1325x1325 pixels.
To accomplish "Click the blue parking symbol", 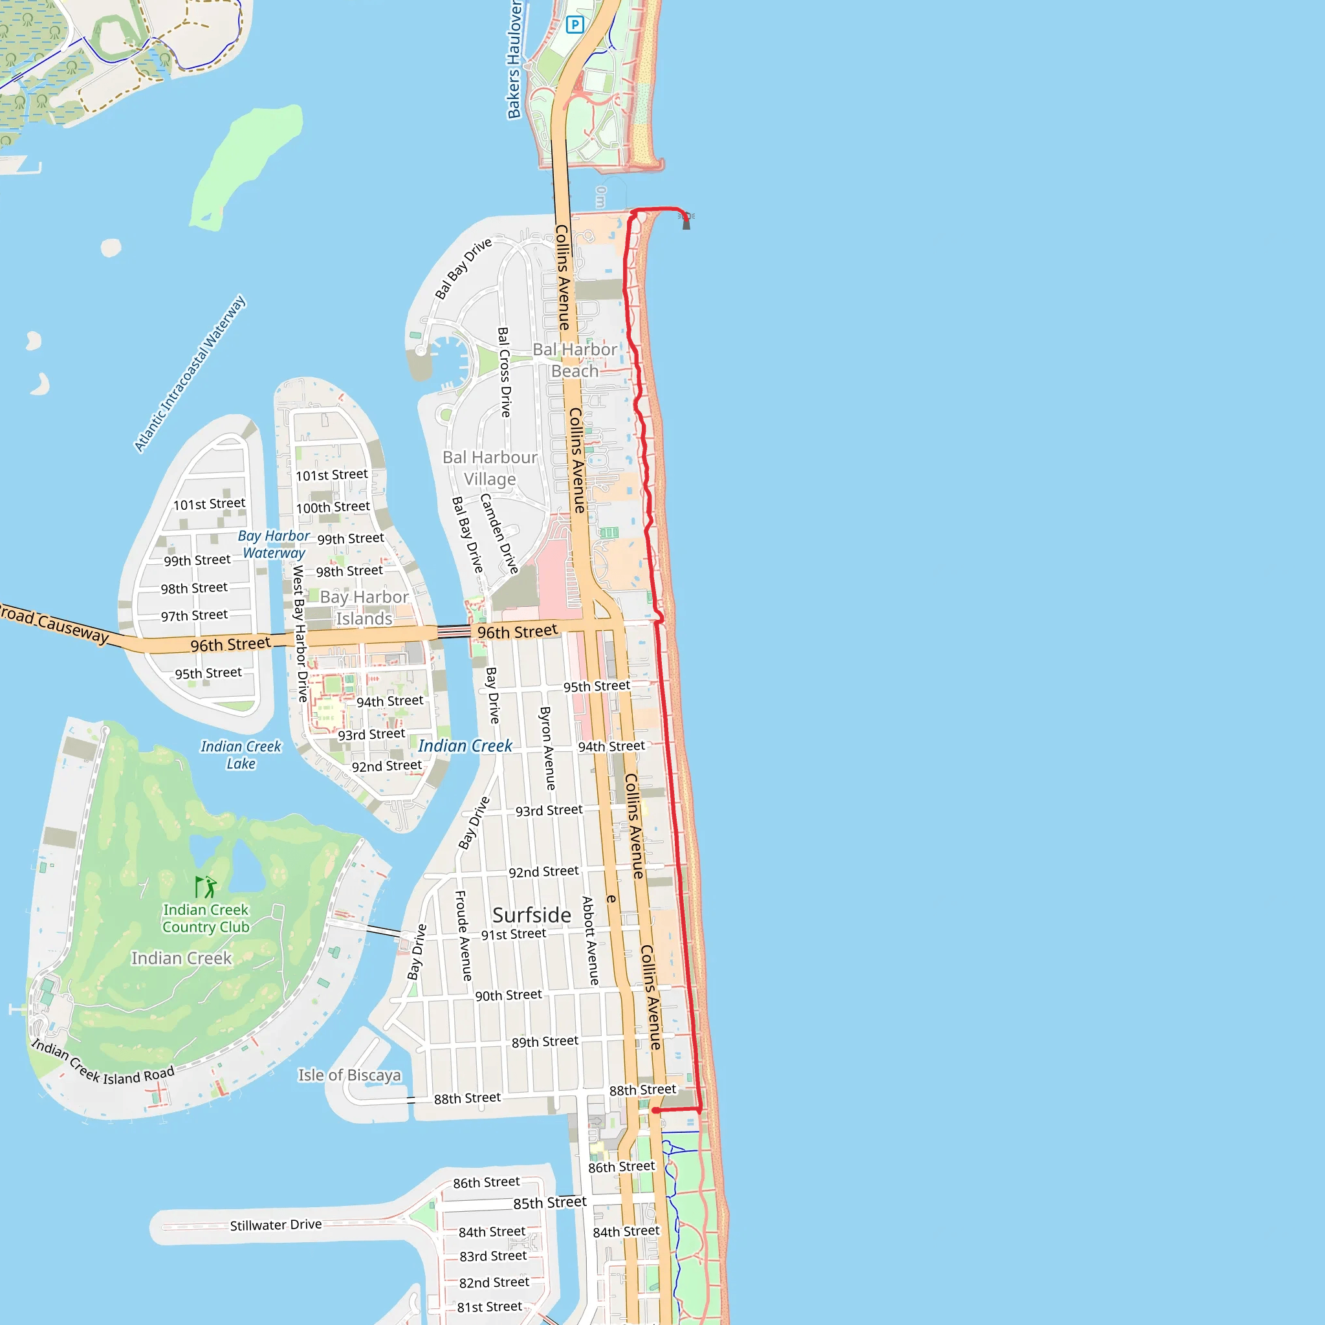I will (x=575, y=25).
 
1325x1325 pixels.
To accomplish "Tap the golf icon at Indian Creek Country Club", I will (x=205, y=887).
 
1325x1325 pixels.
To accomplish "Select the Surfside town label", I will (x=532, y=915).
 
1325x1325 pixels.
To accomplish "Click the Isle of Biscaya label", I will (x=349, y=1075).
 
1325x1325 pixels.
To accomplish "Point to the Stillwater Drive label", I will (x=276, y=1225).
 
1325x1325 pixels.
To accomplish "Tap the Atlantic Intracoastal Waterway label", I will (x=190, y=374).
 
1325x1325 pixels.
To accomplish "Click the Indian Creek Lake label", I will (x=241, y=754).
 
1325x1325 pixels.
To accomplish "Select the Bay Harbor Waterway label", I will (x=274, y=544).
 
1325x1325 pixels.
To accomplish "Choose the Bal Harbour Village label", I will (x=490, y=468).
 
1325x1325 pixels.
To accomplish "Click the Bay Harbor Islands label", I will (x=364, y=608).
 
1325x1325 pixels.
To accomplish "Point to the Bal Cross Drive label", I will (x=504, y=373).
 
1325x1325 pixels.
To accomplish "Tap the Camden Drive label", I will (x=499, y=533).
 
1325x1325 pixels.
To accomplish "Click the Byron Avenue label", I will (x=547, y=749).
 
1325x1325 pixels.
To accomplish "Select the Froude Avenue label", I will (x=464, y=936).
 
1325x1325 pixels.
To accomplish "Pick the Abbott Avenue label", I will (x=589, y=940).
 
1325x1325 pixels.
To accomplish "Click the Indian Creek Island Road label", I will (x=103, y=1064).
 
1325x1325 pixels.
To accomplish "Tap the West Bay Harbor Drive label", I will (x=300, y=633).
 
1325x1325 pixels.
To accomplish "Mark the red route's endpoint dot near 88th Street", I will (x=655, y=1110).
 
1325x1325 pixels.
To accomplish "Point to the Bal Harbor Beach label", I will (x=575, y=360).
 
